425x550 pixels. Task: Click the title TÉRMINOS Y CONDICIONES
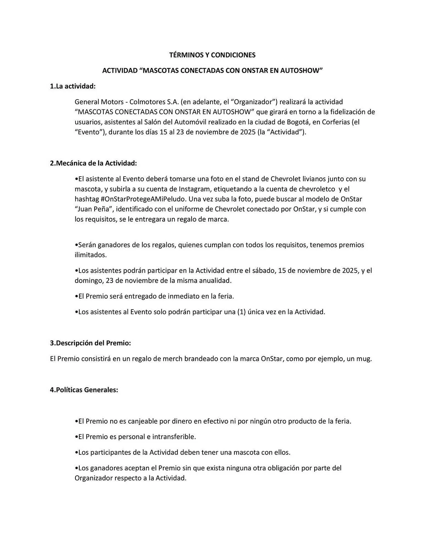point(212,55)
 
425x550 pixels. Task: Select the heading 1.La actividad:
point(73,86)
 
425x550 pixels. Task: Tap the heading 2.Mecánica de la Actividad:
point(93,163)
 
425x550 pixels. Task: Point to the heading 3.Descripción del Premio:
point(90,343)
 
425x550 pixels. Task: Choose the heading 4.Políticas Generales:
point(84,390)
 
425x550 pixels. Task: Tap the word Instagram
point(194,189)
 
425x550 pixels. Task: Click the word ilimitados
point(91,255)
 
